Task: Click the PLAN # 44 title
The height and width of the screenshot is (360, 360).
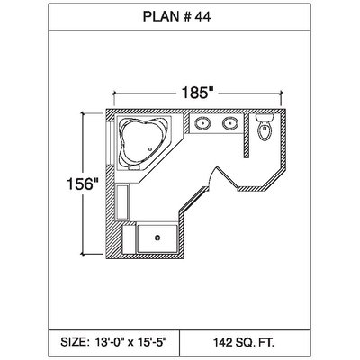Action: (176, 17)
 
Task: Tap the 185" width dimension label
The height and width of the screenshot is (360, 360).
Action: (197, 93)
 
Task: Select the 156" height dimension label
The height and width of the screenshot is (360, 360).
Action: (83, 184)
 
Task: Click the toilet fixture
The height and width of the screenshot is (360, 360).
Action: (265, 127)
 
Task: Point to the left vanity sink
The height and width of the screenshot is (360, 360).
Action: (202, 123)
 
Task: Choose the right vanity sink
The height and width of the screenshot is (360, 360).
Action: (230, 123)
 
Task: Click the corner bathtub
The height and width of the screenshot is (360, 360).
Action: (143, 143)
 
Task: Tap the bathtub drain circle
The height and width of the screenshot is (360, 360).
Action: (150, 149)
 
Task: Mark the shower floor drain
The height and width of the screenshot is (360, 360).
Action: (157, 238)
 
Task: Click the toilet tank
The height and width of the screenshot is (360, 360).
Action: (265, 118)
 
